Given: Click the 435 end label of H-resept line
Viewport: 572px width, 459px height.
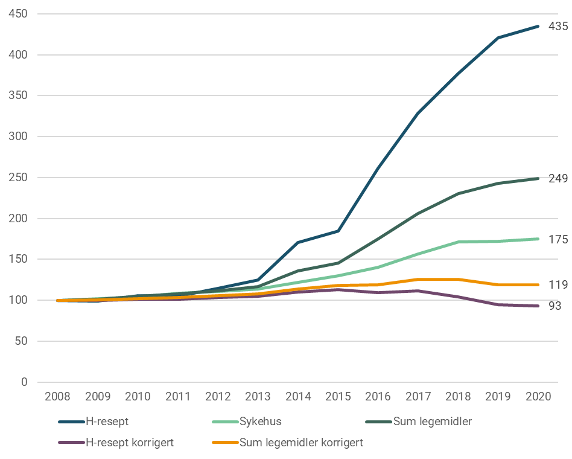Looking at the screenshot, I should (558, 27).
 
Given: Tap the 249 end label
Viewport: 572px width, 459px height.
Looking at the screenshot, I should (558, 179).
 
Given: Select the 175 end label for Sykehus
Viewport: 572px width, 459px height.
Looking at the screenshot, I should (558, 240).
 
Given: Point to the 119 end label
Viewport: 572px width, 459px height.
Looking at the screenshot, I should (558, 285).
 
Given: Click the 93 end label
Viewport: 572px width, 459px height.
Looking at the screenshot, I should (555, 306).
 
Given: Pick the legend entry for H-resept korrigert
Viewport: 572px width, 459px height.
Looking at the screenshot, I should (130, 442).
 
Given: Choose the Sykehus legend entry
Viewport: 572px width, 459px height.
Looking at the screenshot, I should (260, 422).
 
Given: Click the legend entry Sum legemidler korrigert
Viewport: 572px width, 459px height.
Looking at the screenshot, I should (301, 442).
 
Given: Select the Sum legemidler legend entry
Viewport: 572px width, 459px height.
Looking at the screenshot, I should (432, 422).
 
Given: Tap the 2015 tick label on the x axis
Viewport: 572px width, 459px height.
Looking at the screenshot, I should (338, 397).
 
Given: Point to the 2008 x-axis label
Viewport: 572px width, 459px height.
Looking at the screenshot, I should (58, 397).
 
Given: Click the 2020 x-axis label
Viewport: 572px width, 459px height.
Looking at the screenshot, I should (538, 397).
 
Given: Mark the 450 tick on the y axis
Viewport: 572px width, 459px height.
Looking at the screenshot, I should (19, 14).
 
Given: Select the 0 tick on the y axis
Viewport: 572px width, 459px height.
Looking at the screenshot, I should (24, 382).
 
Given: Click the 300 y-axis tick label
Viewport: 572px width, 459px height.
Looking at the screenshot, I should (19, 136).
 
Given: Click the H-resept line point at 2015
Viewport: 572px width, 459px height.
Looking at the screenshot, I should (338, 231).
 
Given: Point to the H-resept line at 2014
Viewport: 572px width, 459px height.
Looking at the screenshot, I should (298, 242).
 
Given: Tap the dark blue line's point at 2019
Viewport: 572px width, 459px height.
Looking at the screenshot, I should (498, 38).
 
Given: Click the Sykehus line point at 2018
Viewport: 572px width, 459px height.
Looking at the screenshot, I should (459, 242).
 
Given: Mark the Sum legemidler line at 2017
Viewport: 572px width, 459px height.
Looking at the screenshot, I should (418, 213).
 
